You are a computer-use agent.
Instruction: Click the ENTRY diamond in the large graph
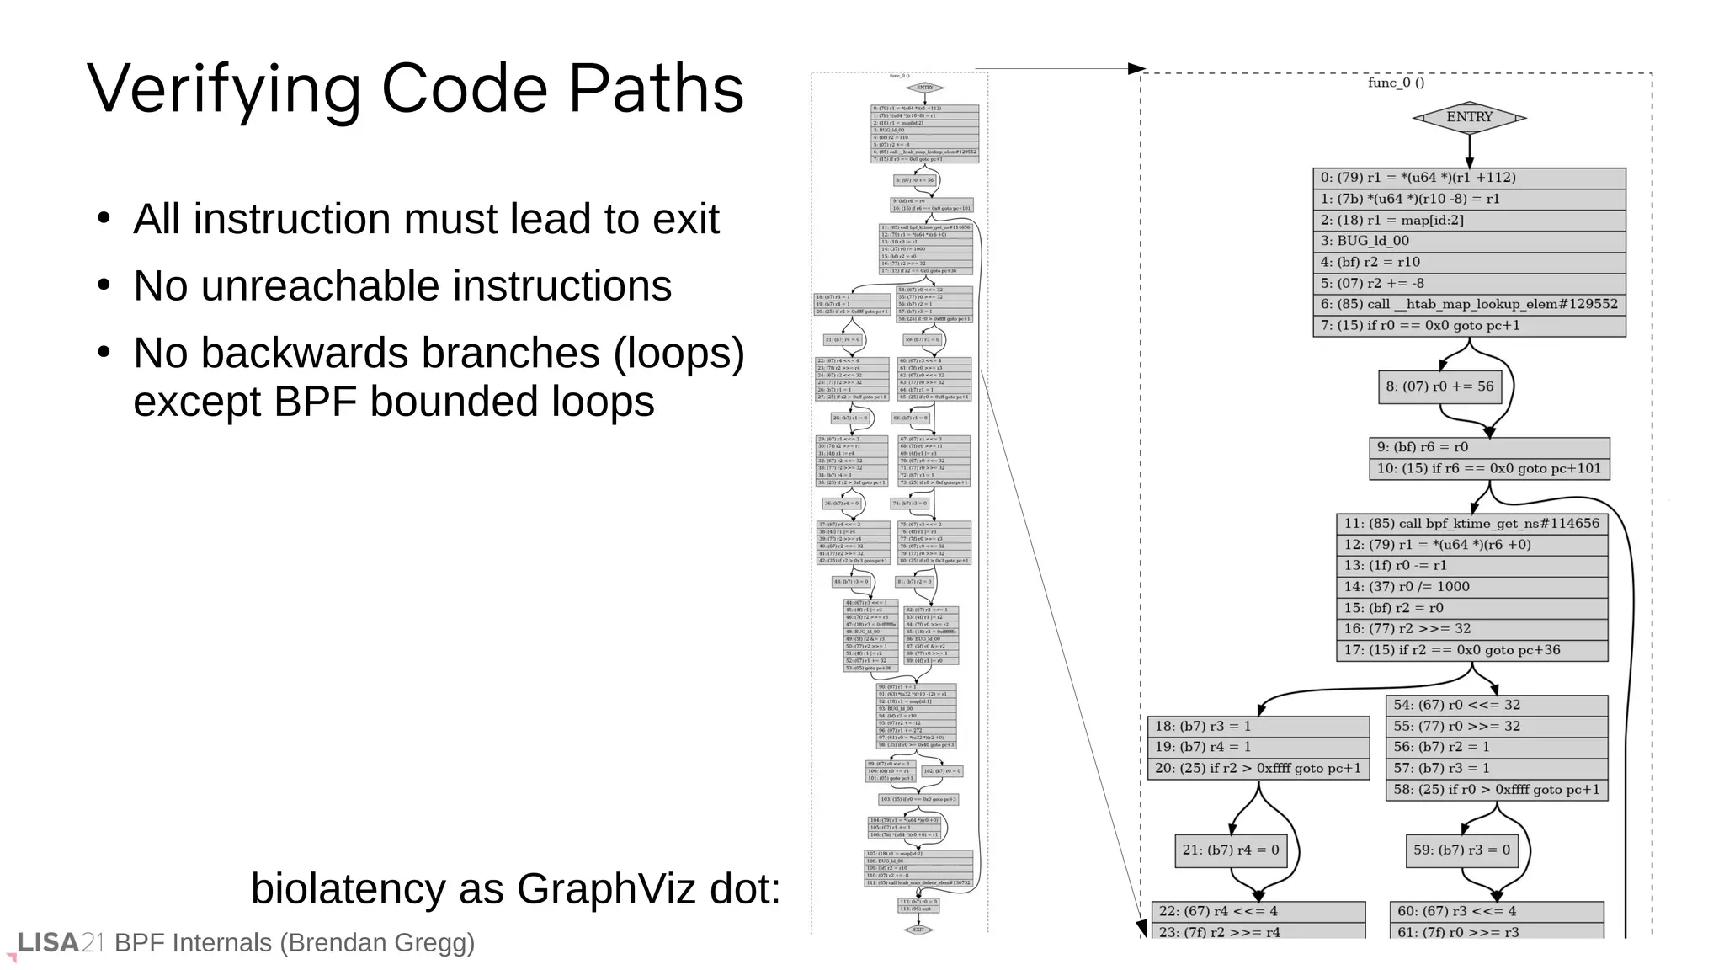1469,117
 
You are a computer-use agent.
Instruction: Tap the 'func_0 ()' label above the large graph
1396,83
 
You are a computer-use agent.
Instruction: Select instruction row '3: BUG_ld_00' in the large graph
1469,241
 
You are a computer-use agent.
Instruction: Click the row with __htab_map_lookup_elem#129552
1469,304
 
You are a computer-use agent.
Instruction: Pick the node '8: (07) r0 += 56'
1439,386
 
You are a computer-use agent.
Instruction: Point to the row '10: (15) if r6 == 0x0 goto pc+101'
1488,469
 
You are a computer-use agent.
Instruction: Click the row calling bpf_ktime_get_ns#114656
1471,524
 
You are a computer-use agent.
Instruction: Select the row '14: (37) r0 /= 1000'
1471,587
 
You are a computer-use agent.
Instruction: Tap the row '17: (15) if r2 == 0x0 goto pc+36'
1471,650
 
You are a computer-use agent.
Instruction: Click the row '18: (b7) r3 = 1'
1258,726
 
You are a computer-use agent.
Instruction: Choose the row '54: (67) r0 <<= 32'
1496,705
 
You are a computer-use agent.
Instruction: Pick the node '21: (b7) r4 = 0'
1230,850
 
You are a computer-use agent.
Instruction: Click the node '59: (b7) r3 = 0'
1461,850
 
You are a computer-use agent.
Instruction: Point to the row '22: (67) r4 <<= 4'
1258,911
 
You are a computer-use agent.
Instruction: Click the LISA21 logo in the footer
59,943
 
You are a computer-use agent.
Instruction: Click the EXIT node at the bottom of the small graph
918,930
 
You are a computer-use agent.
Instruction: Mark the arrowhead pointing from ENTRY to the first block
1469,162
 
